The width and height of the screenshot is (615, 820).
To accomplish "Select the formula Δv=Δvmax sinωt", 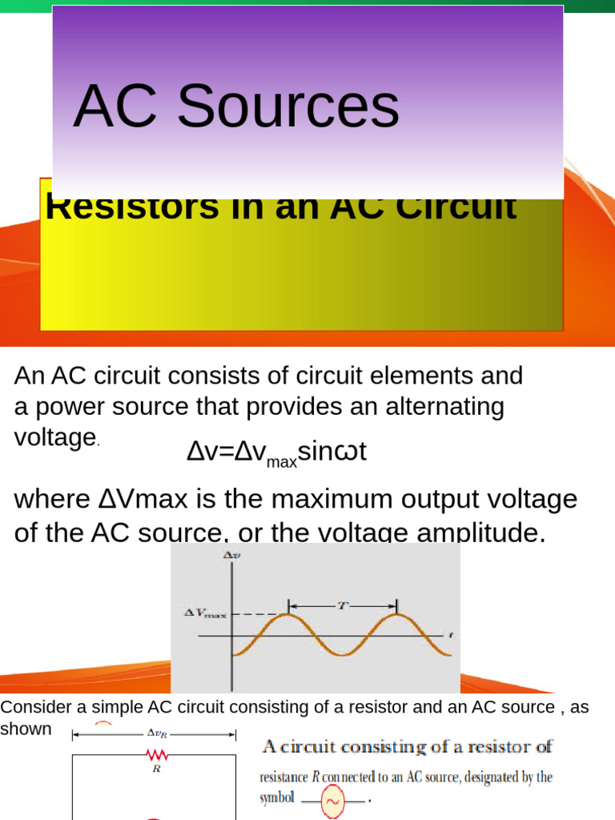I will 276,452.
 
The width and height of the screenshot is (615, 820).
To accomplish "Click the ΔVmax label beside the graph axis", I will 205,613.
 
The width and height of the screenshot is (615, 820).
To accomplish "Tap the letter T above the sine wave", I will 341,606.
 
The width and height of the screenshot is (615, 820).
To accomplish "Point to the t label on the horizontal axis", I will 451,635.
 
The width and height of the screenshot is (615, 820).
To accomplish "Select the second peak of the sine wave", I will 396,616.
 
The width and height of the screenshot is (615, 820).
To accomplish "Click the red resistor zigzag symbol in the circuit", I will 156,754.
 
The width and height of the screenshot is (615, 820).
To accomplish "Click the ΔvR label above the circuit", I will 156,732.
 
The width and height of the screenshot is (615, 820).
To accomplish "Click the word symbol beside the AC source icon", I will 277,798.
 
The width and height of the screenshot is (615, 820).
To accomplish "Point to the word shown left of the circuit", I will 26,729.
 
